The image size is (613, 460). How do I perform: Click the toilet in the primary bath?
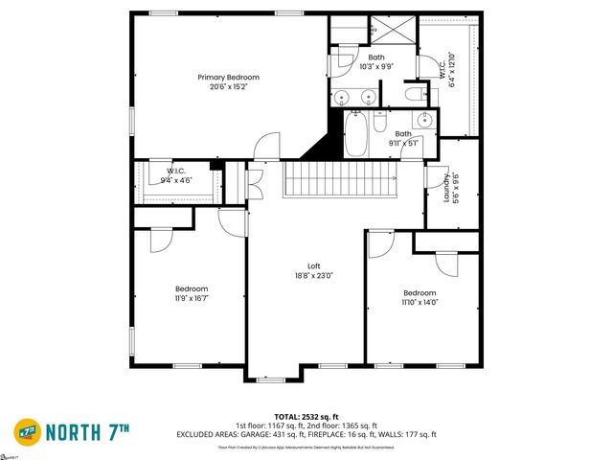pos(413,94)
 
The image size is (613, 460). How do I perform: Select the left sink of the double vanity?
pos(342,96)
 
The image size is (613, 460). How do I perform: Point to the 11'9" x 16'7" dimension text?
pos(192,299)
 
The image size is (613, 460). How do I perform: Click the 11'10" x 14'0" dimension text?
pos(420,304)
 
